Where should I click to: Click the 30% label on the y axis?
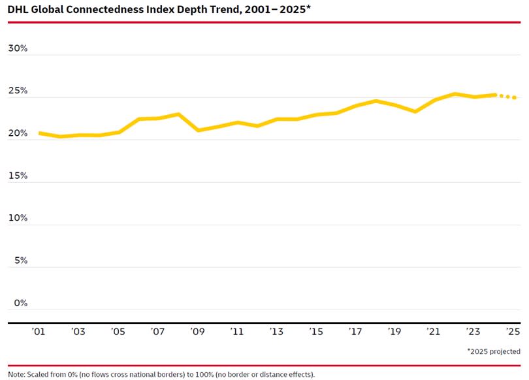pos(18,48)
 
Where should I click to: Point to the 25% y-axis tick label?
pos(18,91)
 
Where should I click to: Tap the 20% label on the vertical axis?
pos(18,133)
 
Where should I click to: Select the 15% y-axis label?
pos(18,176)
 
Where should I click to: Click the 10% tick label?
pos(18,218)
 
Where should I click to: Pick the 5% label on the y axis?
pos(20,261)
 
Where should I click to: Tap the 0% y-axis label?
pos(20,303)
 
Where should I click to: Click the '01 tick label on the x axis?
pos(39,332)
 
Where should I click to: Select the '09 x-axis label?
pos(197,332)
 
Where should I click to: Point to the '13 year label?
pos(276,332)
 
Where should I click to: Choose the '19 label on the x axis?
pos(394,332)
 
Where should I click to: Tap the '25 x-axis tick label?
pos(513,332)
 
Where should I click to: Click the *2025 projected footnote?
pos(493,351)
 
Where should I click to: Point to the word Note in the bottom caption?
pos(16,375)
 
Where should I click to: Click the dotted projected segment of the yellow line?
pos(507,97)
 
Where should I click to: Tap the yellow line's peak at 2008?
pos(178,114)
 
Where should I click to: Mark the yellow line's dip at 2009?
pos(198,130)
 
